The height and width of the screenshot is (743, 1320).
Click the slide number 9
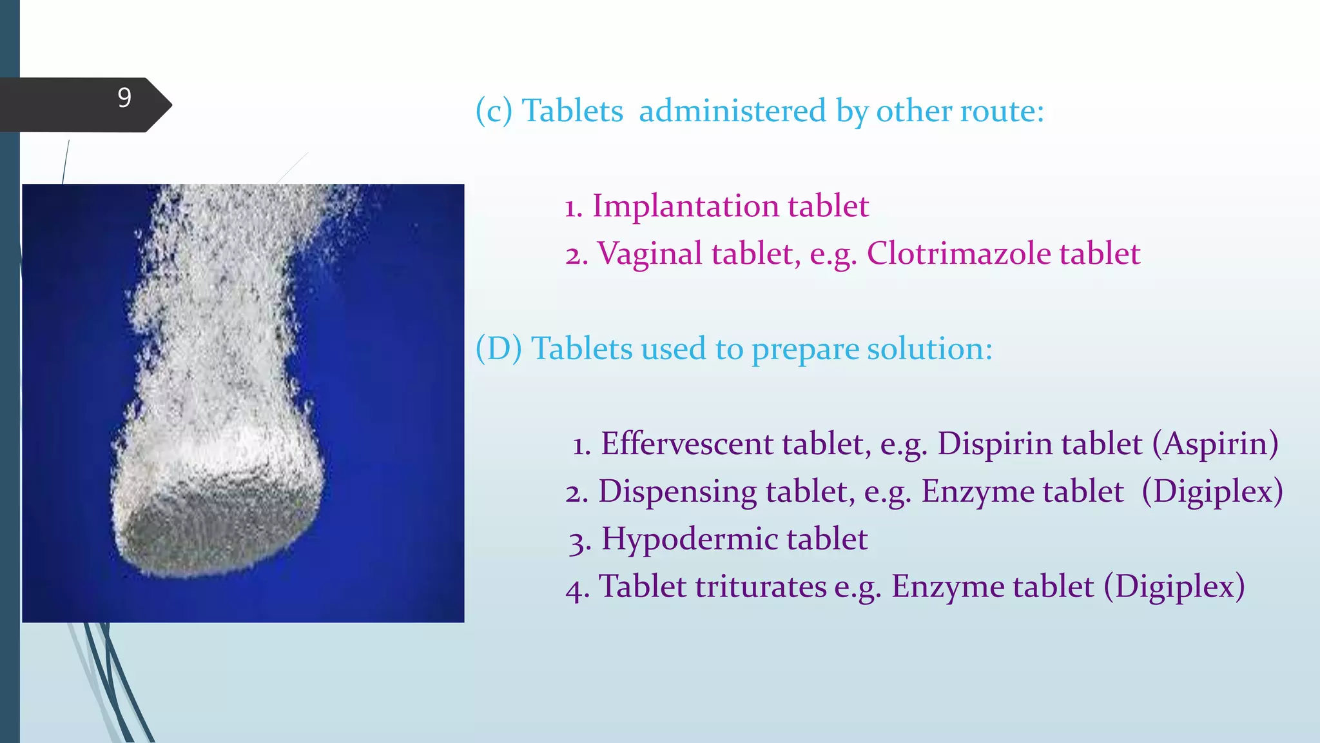click(x=124, y=98)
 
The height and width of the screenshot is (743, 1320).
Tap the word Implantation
click(x=684, y=207)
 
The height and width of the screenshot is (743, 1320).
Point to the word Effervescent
click(x=687, y=444)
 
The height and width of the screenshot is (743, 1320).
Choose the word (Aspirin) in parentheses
click(x=1216, y=444)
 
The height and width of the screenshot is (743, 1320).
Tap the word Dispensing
click(x=677, y=492)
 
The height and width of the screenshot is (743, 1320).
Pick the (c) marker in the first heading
click(x=494, y=111)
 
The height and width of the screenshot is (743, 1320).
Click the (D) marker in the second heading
click(x=498, y=349)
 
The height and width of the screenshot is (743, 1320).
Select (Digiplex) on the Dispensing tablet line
click(x=1212, y=492)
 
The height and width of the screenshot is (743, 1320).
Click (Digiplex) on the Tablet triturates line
click(x=1174, y=587)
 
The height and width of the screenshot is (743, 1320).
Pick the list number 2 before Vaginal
click(x=576, y=255)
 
